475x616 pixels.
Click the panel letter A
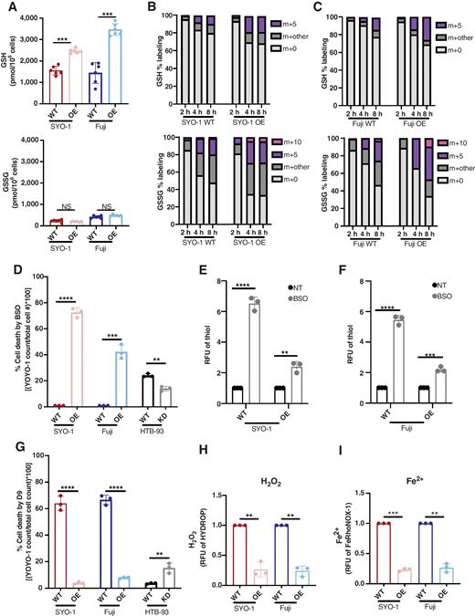(5, 6)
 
